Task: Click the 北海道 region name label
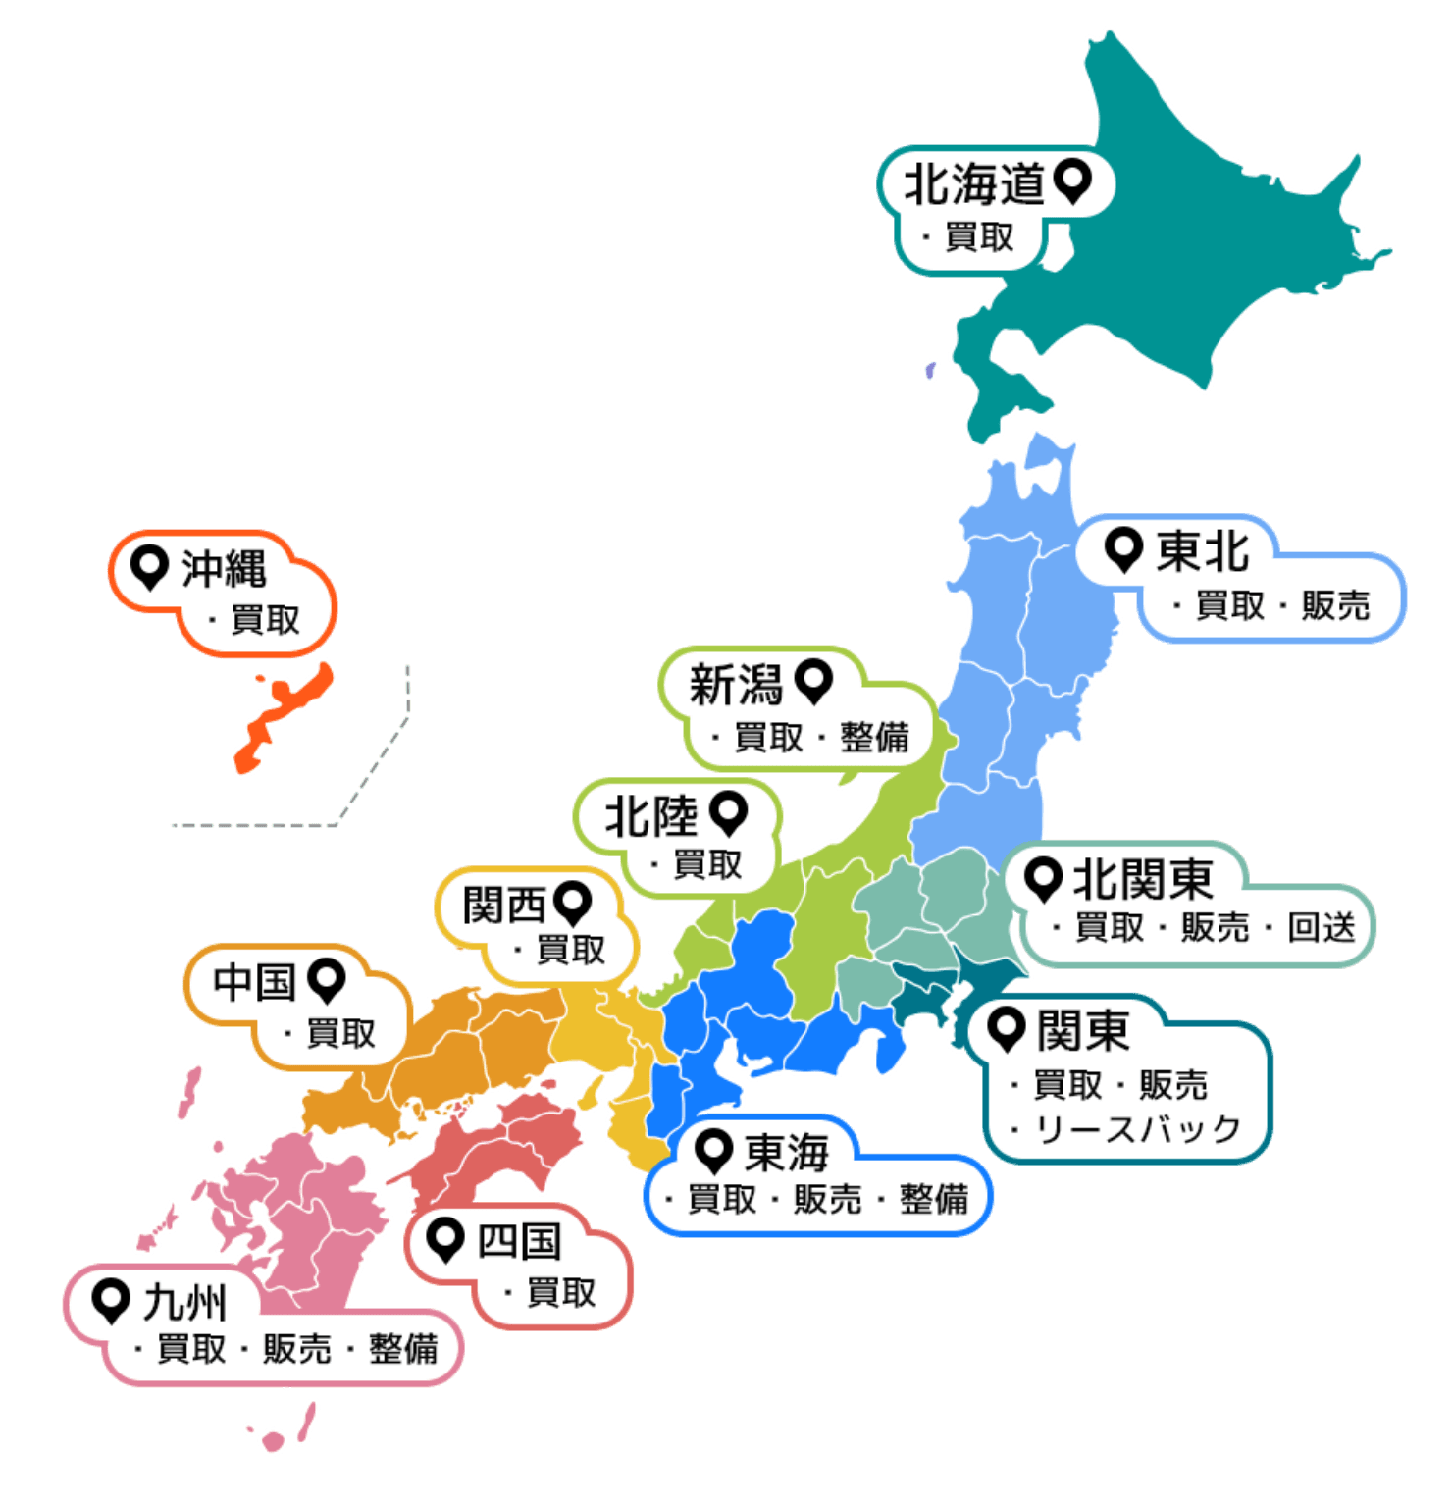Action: pos(972,184)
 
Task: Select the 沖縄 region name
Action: pos(224,569)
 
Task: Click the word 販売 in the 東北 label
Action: pos(1335,605)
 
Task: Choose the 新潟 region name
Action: pos(735,684)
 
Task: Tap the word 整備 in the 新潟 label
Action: pos(874,737)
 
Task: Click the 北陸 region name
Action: pos(650,816)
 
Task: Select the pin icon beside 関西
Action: pos(572,902)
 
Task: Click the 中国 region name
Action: pos(254,981)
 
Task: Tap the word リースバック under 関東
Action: pos(1138,1130)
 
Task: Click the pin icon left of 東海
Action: pos(714,1149)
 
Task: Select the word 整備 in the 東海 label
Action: pos(933,1199)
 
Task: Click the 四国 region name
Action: pos(519,1242)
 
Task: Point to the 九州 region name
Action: pos(184,1303)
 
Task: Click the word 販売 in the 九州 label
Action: pos(296,1349)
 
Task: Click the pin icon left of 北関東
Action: pos(1043,878)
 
